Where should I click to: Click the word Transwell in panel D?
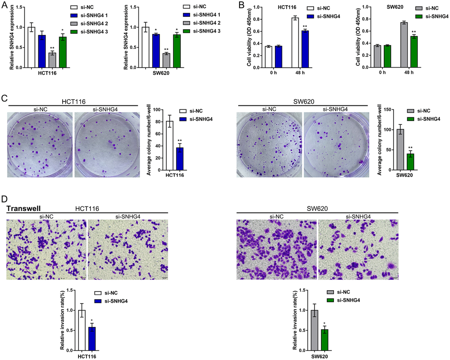[x=24, y=208]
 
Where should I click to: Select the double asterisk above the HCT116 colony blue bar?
[x=180, y=140]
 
